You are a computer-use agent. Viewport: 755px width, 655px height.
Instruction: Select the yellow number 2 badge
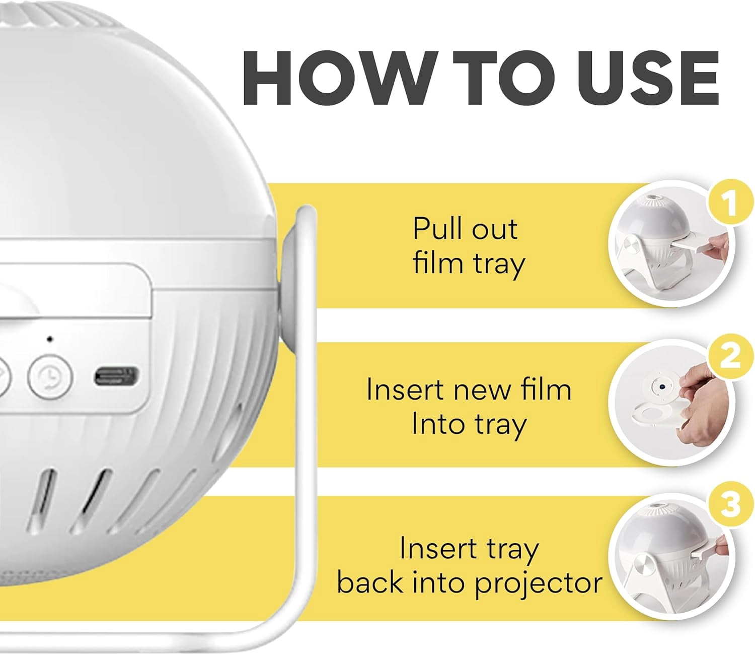pos(730,356)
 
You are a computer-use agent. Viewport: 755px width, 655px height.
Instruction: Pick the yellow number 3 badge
pos(730,504)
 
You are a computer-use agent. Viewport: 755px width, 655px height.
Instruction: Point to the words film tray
pos(469,264)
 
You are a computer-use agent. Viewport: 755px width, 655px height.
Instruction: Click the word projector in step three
pos(538,583)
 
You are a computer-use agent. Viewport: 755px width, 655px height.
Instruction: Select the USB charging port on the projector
pos(116,376)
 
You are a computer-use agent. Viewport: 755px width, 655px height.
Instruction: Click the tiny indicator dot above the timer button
pos(49,339)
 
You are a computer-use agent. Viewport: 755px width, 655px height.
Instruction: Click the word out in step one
pos(497,229)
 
